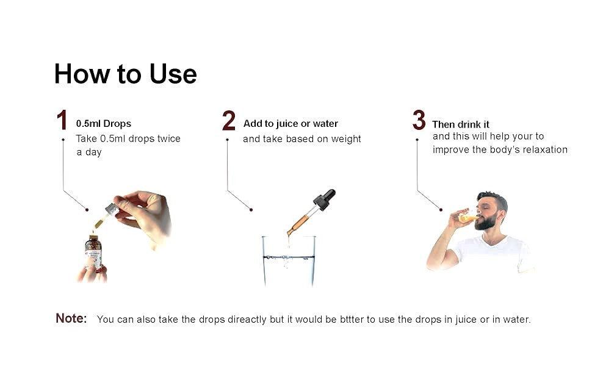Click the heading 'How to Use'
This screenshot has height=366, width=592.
point(125,74)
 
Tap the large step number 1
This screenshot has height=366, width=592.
point(62,120)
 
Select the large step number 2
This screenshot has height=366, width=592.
point(229,120)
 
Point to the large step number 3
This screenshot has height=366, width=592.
point(419,120)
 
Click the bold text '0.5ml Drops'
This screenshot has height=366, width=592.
point(104,124)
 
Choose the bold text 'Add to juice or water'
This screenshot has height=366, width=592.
point(291,124)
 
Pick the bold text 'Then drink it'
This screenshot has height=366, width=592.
point(461,124)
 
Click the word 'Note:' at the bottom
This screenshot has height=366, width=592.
point(71,318)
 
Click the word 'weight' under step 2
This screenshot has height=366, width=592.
point(346,140)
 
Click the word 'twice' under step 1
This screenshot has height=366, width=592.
point(169,139)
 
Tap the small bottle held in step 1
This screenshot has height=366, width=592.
point(93,252)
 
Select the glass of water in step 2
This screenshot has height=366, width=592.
point(289,260)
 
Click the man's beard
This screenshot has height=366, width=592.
point(486,221)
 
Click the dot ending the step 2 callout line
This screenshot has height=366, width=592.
point(251,210)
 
